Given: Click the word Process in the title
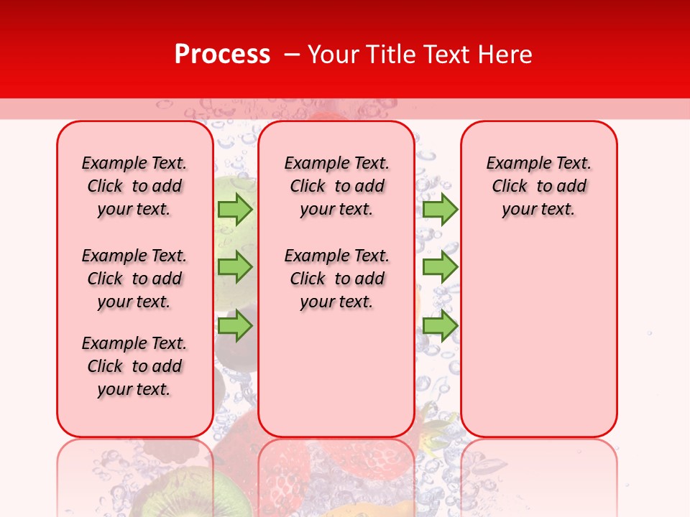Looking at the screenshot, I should click(x=222, y=54).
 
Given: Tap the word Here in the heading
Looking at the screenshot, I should click(x=504, y=54).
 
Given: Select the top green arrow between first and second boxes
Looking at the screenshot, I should click(x=235, y=209).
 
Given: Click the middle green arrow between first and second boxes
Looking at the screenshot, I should click(x=235, y=267).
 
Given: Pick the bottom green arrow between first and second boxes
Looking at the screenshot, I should click(x=235, y=326).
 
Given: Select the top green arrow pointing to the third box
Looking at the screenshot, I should click(x=440, y=209).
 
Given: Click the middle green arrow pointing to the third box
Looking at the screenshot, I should click(x=440, y=267).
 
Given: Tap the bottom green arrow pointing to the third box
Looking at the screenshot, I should click(x=440, y=326).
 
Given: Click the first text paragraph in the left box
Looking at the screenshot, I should click(x=134, y=186).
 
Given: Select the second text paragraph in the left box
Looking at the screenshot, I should click(x=134, y=279).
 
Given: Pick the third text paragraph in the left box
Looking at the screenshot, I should click(x=134, y=366).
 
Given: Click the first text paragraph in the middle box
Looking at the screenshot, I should click(x=336, y=186).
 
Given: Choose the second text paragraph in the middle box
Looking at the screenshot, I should click(x=336, y=279).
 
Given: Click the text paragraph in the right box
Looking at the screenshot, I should click(x=538, y=186).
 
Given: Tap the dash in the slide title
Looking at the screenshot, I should click(x=292, y=54).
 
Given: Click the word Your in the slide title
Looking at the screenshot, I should click(x=333, y=54).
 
